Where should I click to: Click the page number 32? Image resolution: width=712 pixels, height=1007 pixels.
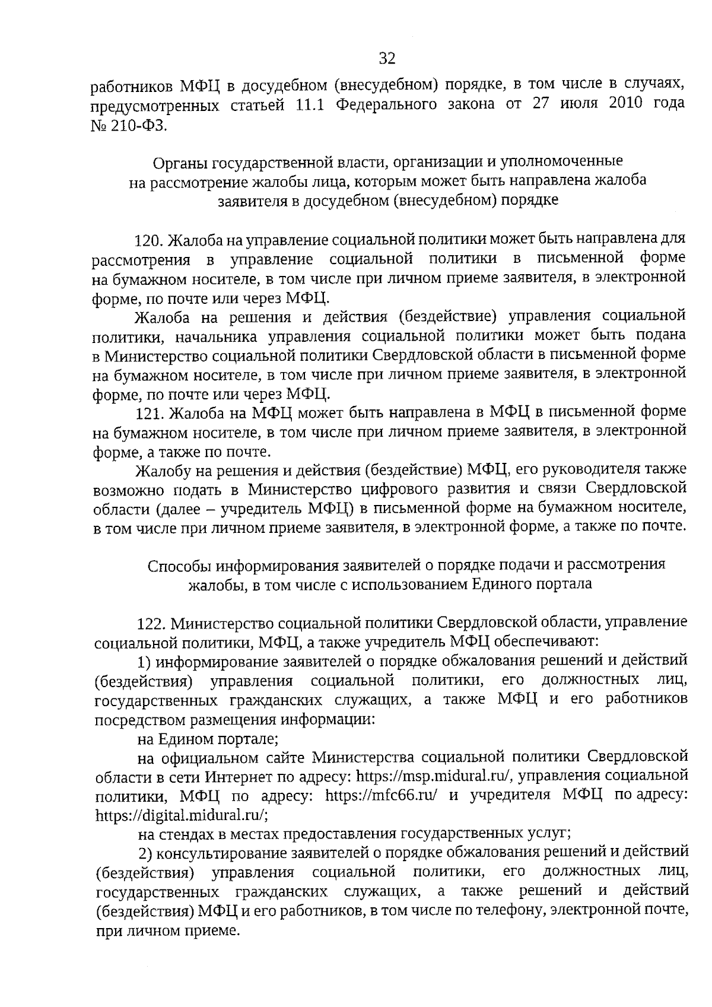click(387, 58)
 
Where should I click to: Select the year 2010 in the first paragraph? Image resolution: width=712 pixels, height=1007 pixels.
click(625, 103)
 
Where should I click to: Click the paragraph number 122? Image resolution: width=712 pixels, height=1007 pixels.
click(150, 624)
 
